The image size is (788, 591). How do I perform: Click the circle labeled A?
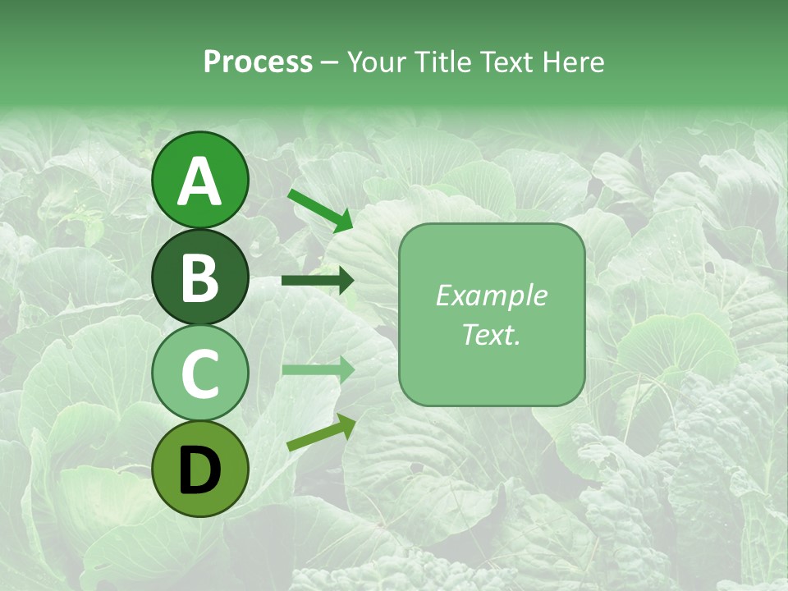pyautogui.click(x=200, y=180)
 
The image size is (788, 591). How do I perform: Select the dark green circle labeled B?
pyautogui.click(x=200, y=277)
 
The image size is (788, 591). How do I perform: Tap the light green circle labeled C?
pyautogui.click(x=200, y=373)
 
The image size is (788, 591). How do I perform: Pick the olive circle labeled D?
pyautogui.click(x=200, y=470)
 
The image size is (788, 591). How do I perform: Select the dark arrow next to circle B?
pyautogui.click(x=317, y=281)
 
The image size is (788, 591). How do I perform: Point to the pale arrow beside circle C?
pyautogui.click(x=317, y=369)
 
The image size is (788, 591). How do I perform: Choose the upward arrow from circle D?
pyautogui.click(x=321, y=433)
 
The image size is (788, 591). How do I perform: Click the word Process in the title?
pyautogui.click(x=258, y=62)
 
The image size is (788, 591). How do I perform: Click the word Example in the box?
pyautogui.click(x=491, y=295)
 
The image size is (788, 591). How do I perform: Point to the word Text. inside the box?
pyautogui.click(x=491, y=334)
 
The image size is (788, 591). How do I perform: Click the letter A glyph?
pyautogui.click(x=200, y=181)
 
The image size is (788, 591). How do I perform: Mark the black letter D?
pyautogui.click(x=200, y=471)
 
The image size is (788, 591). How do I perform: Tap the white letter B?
pyautogui.click(x=200, y=277)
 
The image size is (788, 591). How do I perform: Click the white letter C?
pyautogui.click(x=200, y=374)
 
